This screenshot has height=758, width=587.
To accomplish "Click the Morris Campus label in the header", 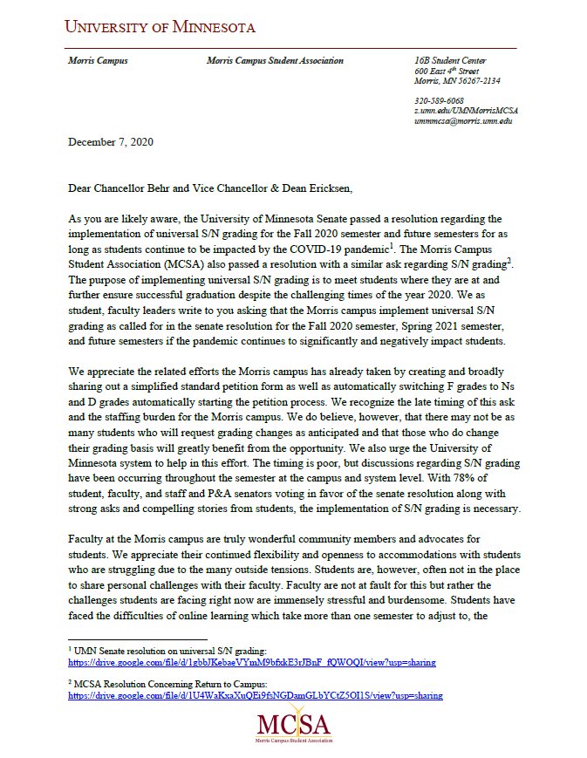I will [x=98, y=61].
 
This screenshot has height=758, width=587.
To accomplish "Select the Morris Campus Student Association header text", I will [x=275, y=61].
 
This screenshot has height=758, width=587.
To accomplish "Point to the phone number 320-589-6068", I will [x=439, y=101].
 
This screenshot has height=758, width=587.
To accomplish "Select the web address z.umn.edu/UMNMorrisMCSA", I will [x=466, y=111].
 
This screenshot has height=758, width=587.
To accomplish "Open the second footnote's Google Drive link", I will [x=255, y=696].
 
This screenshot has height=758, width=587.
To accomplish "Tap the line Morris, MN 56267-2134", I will [x=457, y=81].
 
